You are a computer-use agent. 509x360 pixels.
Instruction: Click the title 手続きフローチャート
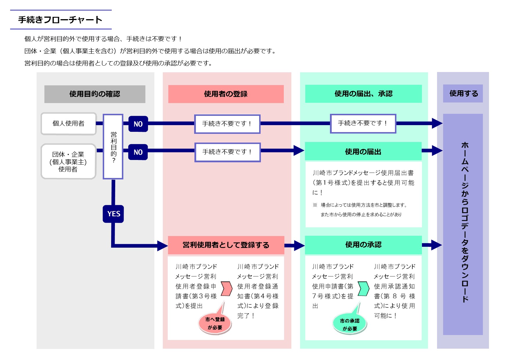click(x=60, y=20)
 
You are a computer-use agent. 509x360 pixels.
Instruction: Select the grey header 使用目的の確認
click(x=95, y=94)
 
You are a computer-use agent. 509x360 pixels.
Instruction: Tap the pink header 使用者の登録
click(x=226, y=94)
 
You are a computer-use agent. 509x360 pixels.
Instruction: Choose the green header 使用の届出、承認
click(x=363, y=94)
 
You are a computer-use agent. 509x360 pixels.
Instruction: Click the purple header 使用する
click(x=463, y=93)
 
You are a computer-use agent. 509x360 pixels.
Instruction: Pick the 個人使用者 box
click(x=68, y=124)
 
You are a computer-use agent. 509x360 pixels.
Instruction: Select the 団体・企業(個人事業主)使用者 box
click(x=68, y=161)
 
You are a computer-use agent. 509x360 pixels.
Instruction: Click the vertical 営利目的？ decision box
click(x=113, y=147)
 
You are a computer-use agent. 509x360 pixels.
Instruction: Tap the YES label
click(x=113, y=214)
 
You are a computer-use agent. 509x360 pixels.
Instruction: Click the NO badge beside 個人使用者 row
click(x=138, y=124)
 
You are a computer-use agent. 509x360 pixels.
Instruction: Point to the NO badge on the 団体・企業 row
click(x=138, y=152)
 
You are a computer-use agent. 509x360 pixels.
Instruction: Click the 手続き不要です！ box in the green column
click(x=363, y=123)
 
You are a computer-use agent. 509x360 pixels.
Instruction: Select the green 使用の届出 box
click(x=363, y=152)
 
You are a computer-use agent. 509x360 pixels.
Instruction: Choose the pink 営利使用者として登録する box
click(x=226, y=245)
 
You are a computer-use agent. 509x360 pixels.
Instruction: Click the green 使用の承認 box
click(x=363, y=245)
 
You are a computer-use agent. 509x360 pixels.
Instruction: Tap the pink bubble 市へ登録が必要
click(x=215, y=323)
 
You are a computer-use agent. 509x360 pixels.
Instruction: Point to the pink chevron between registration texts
click(x=227, y=288)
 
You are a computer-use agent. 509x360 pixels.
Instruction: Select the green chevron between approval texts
click(x=363, y=288)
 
